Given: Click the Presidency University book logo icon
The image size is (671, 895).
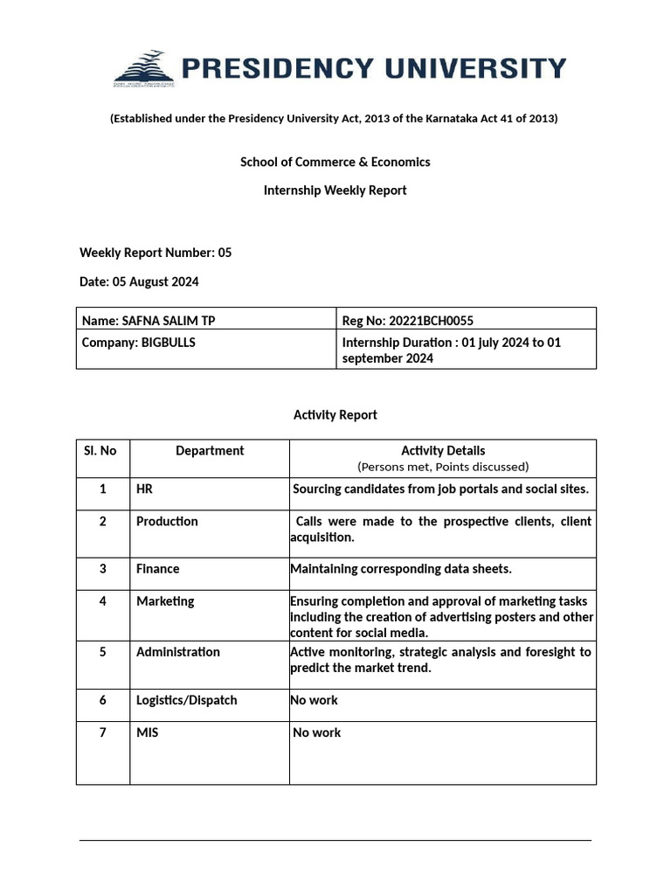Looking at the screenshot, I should (x=143, y=69).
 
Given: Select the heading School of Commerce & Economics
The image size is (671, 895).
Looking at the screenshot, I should (x=335, y=162).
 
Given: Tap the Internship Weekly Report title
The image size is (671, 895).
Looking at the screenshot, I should (x=335, y=191).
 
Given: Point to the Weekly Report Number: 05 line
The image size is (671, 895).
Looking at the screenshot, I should (x=156, y=253).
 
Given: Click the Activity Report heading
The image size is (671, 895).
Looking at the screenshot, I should (x=335, y=415).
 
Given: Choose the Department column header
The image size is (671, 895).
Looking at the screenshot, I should (x=210, y=451).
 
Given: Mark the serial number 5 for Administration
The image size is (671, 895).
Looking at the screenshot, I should (x=103, y=652).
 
